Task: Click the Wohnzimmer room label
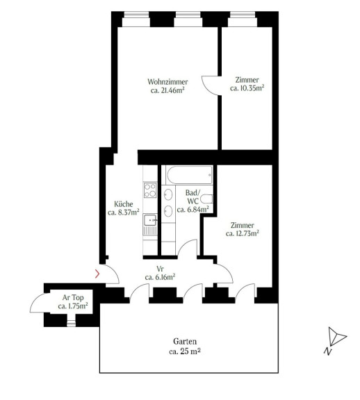(167, 82)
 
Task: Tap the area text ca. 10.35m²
(247, 88)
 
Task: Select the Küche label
(124, 204)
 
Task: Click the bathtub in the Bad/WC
(189, 175)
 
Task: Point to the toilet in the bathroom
(206, 199)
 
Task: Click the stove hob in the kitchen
(150, 190)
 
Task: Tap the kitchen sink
(150, 220)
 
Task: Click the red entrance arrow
(97, 274)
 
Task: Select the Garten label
(185, 342)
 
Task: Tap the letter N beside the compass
(328, 351)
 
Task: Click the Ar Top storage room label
(73, 297)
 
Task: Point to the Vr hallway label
(160, 269)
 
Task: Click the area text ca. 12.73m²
(243, 233)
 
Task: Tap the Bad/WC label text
(193, 197)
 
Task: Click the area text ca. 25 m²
(185, 351)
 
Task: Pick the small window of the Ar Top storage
(71, 324)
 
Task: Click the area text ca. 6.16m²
(160, 277)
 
